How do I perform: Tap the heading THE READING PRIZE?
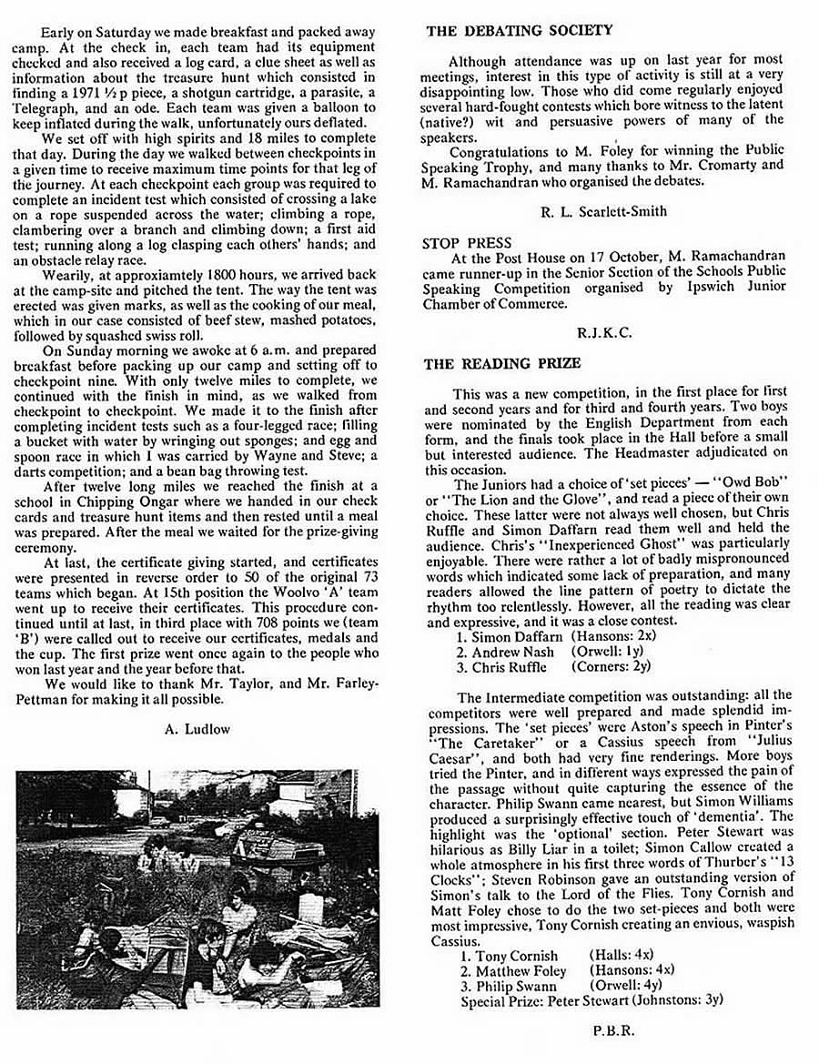tap(502, 363)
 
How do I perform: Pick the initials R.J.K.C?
tap(603, 333)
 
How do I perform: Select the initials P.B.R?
tap(603, 1030)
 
